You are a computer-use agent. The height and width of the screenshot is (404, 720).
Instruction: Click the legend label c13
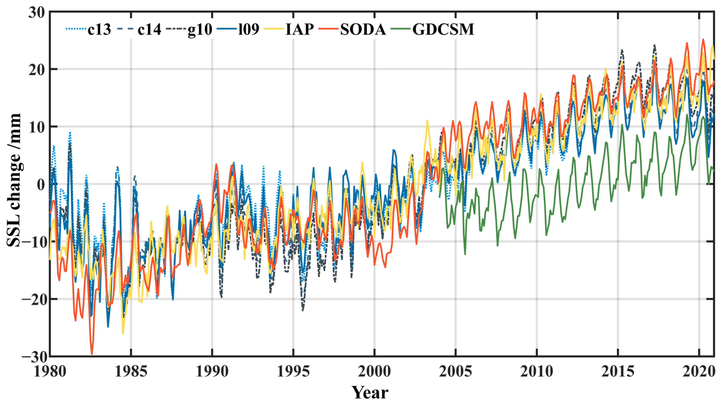99,29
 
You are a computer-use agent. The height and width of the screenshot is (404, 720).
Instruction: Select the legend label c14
149,29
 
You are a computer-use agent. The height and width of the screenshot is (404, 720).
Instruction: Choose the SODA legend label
363,29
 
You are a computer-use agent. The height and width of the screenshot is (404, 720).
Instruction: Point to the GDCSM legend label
443,29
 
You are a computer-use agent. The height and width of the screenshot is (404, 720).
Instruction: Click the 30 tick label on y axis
36,13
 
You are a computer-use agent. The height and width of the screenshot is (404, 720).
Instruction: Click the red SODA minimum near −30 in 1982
92,354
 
